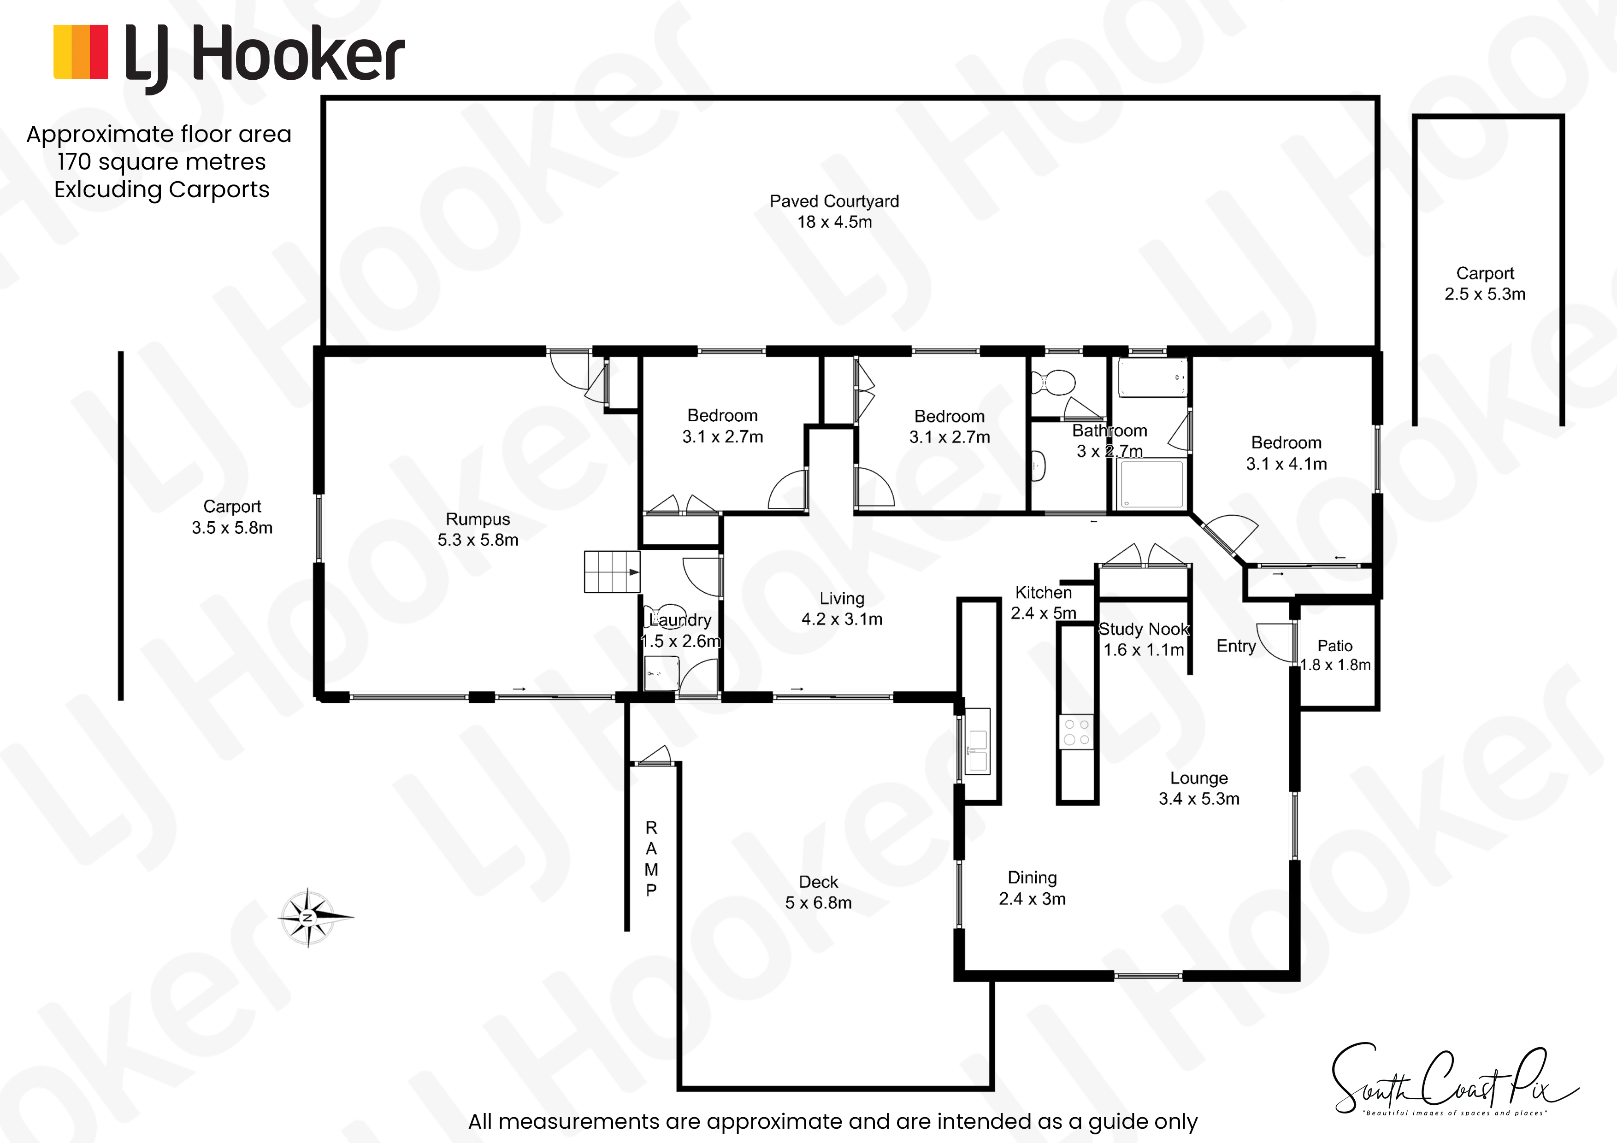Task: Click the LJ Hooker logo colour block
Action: click(x=81, y=52)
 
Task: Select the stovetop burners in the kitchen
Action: click(x=1076, y=732)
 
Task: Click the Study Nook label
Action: click(x=1144, y=629)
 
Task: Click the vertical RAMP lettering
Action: click(x=651, y=859)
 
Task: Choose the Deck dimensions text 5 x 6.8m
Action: click(x=818, y=903)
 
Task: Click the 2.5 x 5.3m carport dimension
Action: click(x=1485, y=295)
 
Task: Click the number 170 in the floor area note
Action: click(x=74, y=161)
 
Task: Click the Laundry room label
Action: click(x=680, y=620)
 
